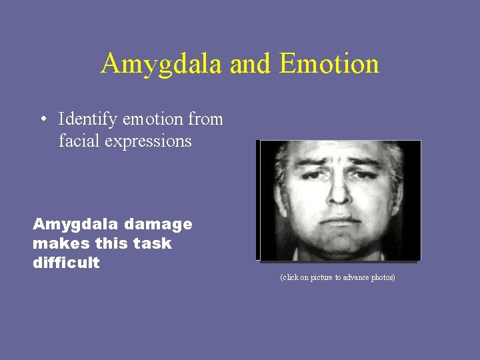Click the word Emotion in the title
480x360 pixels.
[x=329, y=64]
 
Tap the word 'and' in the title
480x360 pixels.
[x=251, y=64]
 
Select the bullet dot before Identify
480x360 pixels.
[x=42, y=120]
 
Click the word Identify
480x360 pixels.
[x=87, y=120]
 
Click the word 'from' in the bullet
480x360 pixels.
[x=205, y=120]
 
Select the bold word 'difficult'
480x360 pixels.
[x=66, y=263]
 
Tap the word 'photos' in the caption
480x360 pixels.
[x=382, y=277]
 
